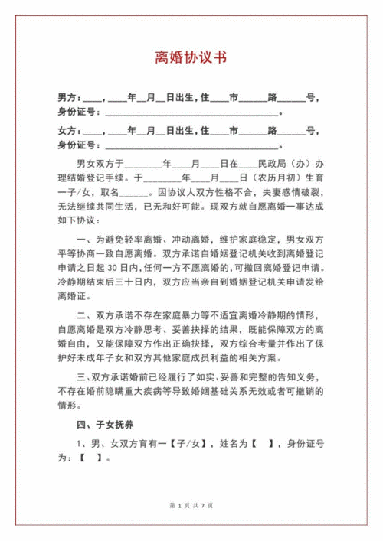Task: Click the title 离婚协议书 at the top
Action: click(x=191, y=58)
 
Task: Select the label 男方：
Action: click(x=68, y=99)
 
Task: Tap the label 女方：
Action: click(x=68, y=132)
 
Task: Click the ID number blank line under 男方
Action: click(x=191, y=113)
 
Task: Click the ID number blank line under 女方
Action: click(x=191, y=146)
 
